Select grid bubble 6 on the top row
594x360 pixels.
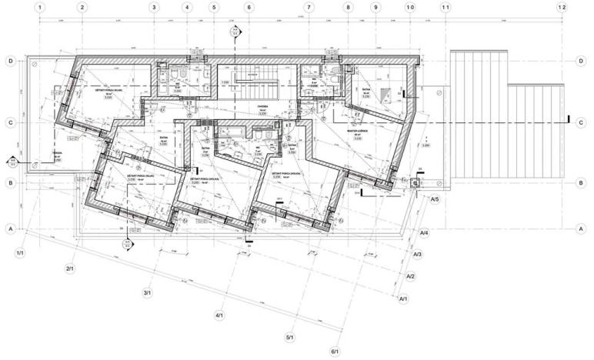pos(249,7)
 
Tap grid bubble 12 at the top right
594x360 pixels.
pos(562,7)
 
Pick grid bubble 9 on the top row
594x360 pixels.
pos(375,7)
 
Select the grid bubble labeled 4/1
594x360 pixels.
pos(219,315)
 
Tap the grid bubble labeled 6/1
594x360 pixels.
pos(335,352)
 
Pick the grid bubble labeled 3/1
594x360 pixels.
pos(147,292)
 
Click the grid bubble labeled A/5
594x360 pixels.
pos(435,200)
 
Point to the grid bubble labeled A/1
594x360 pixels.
pos(402,298)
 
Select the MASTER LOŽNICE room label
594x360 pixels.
pos(358,131)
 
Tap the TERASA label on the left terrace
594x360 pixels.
pos(56,153)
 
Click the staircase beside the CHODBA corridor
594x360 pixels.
pos(249,76)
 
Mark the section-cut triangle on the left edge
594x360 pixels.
pos(12,162)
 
